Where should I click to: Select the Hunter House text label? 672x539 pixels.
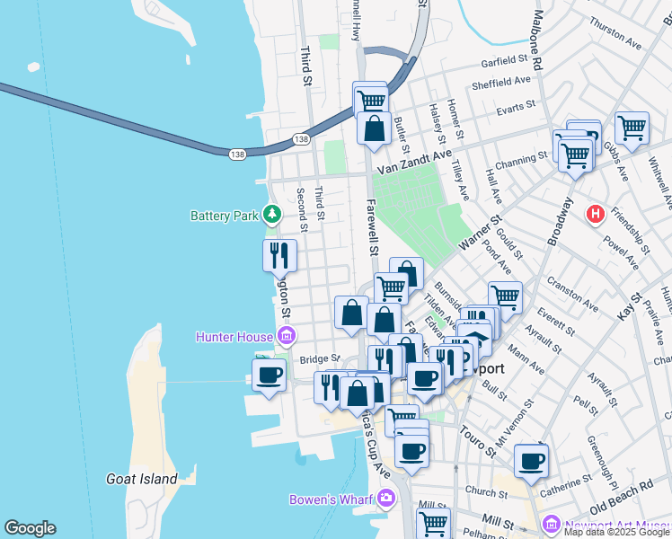coord(235,337)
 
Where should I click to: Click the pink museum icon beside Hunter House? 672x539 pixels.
coord(287,337)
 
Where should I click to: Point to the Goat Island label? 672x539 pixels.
coord(141,479)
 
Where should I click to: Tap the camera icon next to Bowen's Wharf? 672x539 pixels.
coord(386,498)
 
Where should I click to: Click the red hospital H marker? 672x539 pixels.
coord(594,215)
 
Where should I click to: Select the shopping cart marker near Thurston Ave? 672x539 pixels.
coord(632,128)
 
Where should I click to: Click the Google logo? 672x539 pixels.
coord(30,527)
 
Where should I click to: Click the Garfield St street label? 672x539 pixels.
coord(503,61)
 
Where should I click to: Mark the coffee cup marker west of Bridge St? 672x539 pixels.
coord(269,375)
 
